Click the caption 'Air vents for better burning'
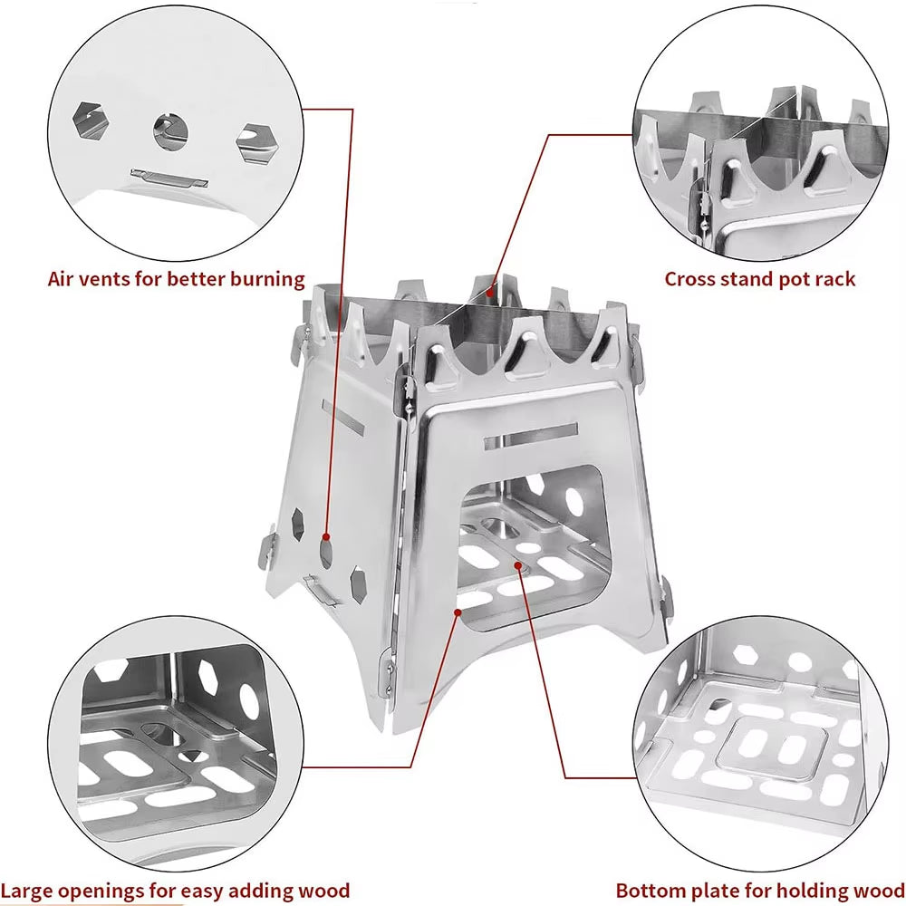coord(176,278)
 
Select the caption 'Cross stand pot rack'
coord(759,278)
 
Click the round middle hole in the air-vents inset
coord(170,130)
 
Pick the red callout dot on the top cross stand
coord(490,292)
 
